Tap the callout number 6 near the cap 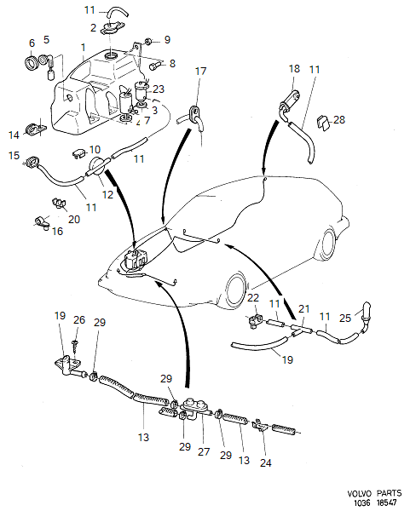pos(32,43)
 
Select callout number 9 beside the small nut pos(167,39)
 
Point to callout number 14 pos(14,135)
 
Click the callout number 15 pos(14,155)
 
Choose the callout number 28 pos(340,120)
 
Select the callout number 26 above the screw pos(79,320)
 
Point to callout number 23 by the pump pos(159,89)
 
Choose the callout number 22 pos(253,297)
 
